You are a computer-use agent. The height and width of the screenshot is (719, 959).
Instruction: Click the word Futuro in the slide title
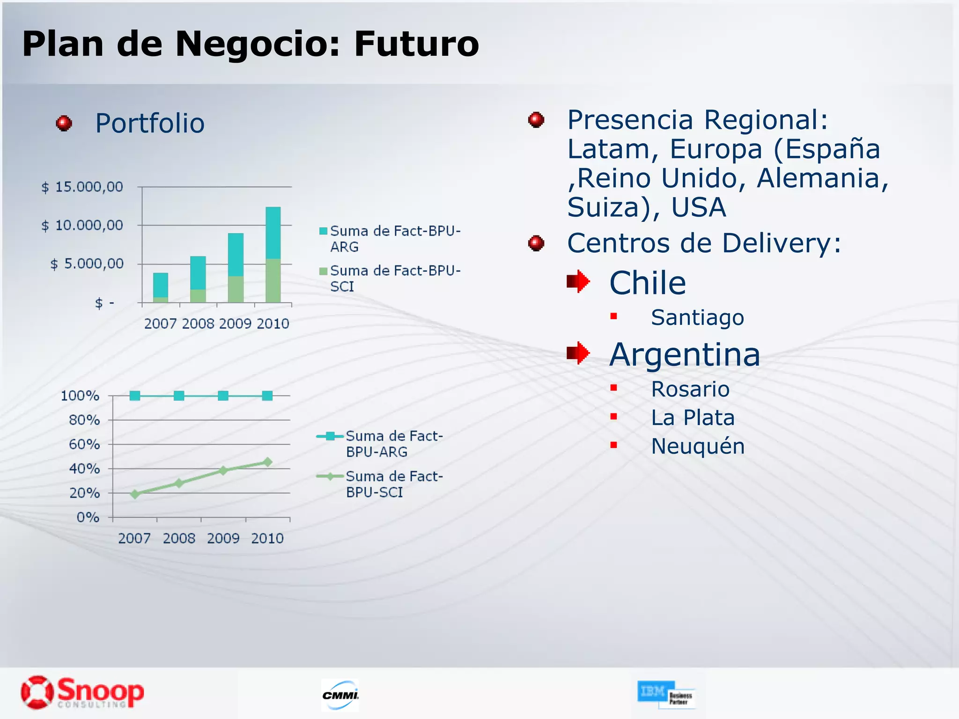pos(416,44)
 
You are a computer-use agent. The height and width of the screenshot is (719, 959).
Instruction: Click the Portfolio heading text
pos(150,124)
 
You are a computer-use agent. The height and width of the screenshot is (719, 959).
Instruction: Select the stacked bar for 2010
pos(273,255)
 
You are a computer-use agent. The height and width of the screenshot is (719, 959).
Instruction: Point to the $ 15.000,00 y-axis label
pos(82,187)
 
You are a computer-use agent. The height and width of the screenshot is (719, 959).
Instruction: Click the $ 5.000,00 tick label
pos(87,264)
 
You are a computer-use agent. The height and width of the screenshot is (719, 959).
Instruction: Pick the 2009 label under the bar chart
pos(235,323)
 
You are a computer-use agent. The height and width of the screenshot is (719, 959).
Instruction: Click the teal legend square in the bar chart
pos(323,231)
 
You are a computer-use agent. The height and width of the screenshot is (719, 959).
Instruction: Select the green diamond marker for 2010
pos(267,462)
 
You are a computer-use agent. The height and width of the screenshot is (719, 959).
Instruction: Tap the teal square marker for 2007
pos(135,396)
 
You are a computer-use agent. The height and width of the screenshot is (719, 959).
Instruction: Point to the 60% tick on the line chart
pos(84,444)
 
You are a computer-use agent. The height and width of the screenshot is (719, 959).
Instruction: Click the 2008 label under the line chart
pos(179,538)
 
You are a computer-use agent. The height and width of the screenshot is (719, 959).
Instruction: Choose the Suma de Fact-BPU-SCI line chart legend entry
pos(379,484)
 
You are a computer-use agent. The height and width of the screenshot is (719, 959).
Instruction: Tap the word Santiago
pos(697,317)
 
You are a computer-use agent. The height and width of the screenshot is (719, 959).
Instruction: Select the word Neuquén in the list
pos(698,446)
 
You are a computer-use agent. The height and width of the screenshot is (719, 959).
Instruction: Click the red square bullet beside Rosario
pos(613,388)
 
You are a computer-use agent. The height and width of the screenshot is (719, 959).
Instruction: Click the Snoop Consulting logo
pos(82,692)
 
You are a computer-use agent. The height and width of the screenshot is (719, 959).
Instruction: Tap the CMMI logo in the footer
pos(340,695)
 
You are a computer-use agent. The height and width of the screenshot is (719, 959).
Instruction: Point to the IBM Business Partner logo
pos(666,694)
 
